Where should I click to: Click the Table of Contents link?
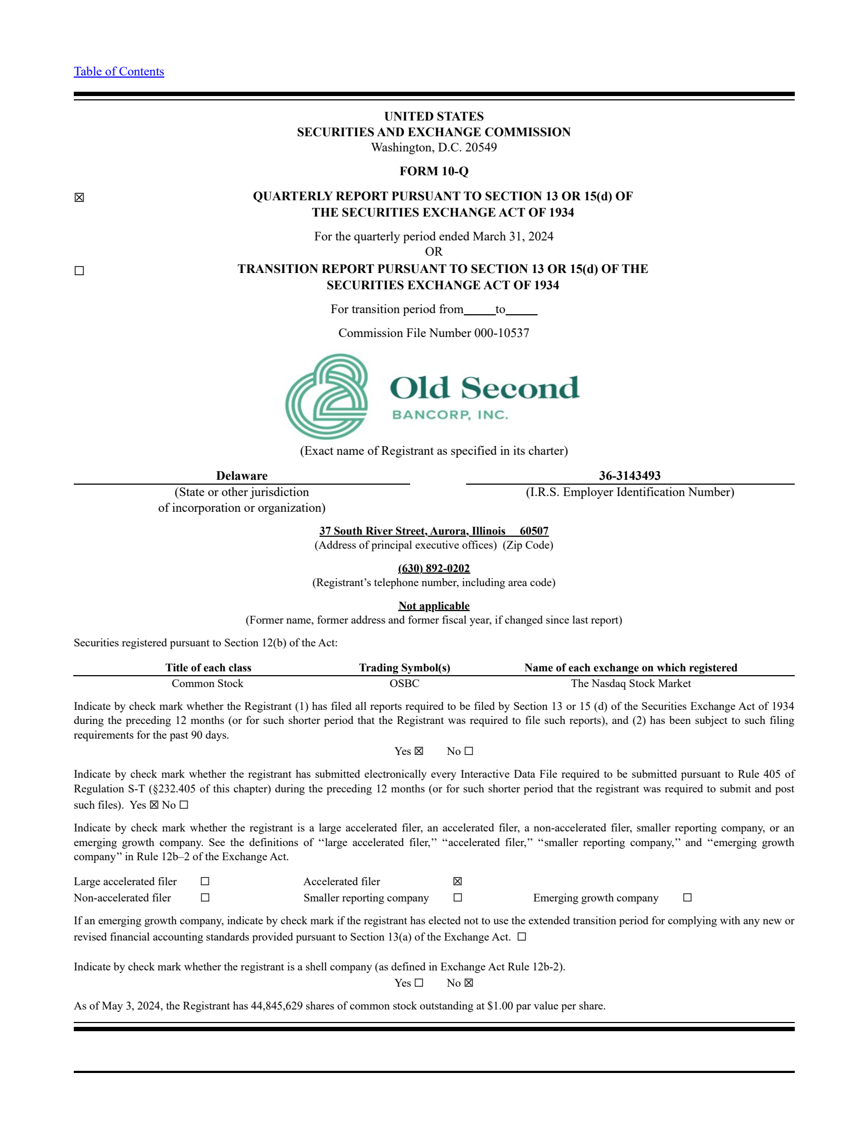tap(119, 72)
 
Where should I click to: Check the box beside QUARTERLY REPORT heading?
tap(79, 198)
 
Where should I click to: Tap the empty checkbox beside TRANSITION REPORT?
tap(79, 271)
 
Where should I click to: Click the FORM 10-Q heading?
tap(433, 172)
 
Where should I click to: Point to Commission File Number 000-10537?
tap(433, 333)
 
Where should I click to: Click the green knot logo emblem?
tap(327, 397)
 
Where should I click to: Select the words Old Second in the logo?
tap(484, 388)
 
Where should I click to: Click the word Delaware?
tap(241, 476)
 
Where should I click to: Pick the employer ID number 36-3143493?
tap(629, 476)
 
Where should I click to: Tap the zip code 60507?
tap(534, 531)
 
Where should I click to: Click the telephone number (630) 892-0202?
tap(433, 568)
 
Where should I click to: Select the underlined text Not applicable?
tap(433, 606)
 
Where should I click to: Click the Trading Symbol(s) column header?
tap(404, 668)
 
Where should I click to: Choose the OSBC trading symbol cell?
tap(404, 683)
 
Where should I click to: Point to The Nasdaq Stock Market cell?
tap(630, 683)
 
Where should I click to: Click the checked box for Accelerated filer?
tap(457, 881)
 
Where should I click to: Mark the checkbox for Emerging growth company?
tap(687, 898)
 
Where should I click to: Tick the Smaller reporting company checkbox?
tap(457, 898)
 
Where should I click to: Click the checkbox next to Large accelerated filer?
tap(205, 881)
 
